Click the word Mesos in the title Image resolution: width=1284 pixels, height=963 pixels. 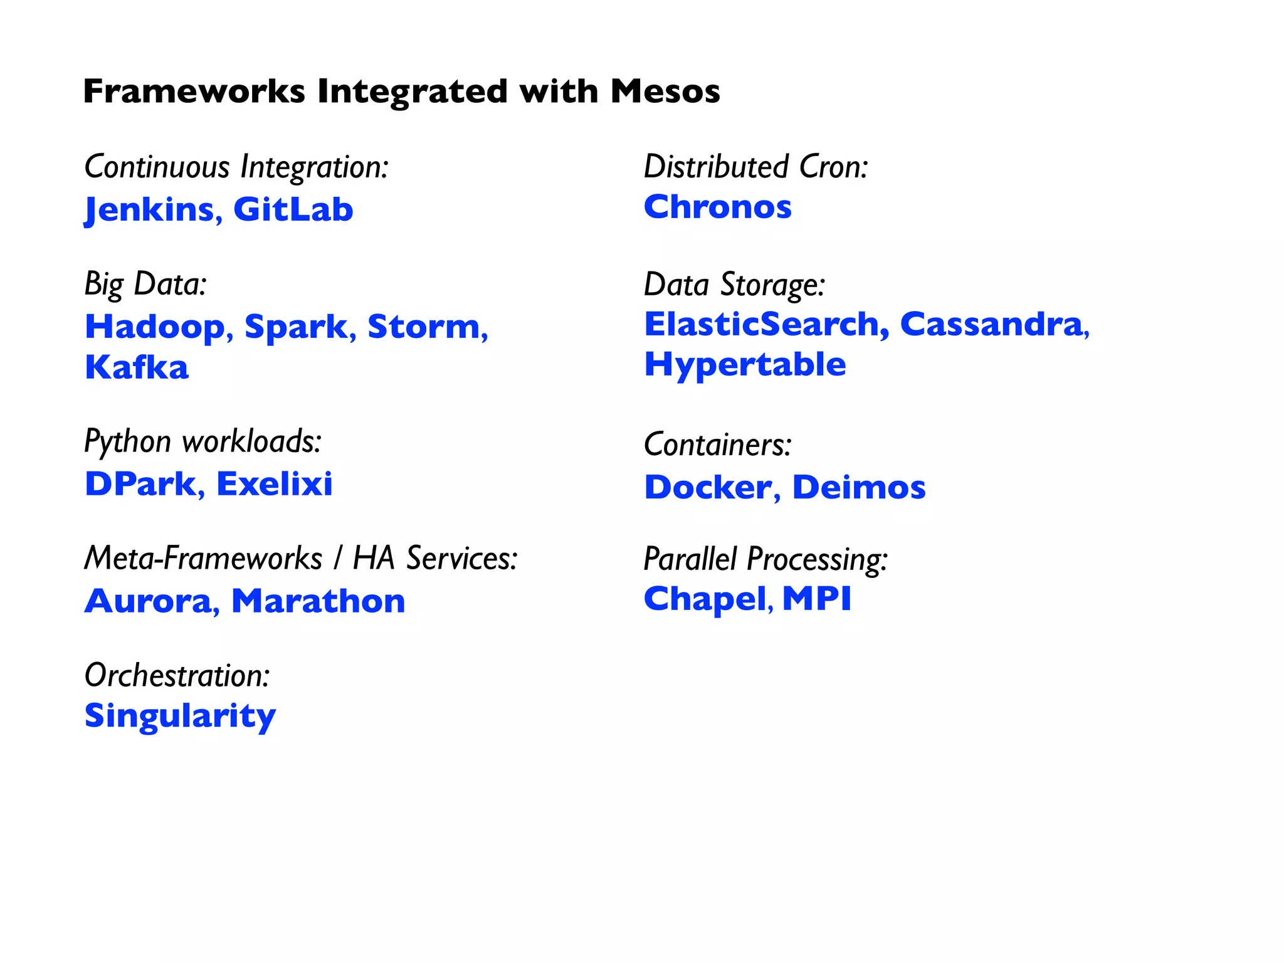click(665, 92)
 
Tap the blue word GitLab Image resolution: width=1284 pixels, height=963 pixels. click(293, 209)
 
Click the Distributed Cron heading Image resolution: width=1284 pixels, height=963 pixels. click(755, 167)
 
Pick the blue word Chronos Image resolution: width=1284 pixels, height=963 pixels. click(718, 207)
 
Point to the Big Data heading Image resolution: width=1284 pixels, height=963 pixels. click(145, 284)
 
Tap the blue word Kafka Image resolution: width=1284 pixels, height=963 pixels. click(137, 367)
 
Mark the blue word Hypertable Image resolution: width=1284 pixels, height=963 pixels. click(745, 365)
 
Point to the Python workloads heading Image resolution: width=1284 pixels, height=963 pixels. click(203, 441)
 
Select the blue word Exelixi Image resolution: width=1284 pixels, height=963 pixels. click(274, 484)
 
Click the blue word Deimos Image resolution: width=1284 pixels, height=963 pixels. click(858, 487)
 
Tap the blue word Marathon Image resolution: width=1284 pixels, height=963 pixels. click(318, 601)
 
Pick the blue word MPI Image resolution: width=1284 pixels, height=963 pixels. click(817, 598)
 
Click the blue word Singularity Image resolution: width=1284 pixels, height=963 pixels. click(180, 716)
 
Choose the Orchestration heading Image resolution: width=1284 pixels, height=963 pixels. click(177, 676)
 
